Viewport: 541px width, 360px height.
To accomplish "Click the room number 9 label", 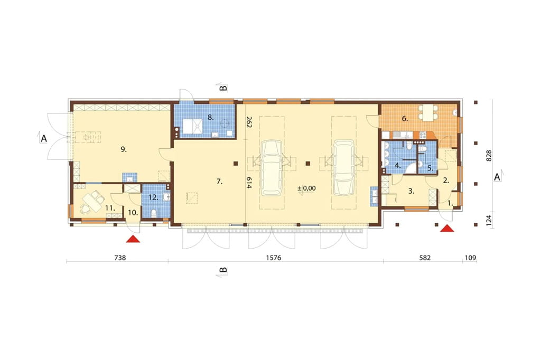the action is (x=124, y=149).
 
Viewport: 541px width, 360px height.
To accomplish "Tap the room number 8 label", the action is (x=210, y=117).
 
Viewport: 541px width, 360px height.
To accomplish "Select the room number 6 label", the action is (x=405, y=119).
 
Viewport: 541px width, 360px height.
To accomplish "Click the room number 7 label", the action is (x=219, y=182).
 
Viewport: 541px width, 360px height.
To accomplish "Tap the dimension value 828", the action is (x=489, y=156).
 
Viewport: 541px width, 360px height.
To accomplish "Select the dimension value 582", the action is (x=425, y=258).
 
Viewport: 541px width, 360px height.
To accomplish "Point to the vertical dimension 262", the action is (x=249, y=122).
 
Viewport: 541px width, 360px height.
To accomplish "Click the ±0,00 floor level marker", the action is (x=306, y=188).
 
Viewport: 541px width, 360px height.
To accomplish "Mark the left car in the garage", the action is (x=272, y=167).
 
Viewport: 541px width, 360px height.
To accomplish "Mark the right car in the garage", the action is (x=343, y=167).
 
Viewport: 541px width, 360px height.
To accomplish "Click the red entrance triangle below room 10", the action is (x=133, y=239).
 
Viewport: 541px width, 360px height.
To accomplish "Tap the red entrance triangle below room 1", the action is (x=447, y=228).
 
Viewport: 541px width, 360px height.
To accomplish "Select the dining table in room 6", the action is (x=428, y=112).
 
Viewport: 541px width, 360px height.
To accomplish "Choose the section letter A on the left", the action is (x=44, y=139).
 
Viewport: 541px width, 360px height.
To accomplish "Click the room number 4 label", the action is (x=398, y=166).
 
